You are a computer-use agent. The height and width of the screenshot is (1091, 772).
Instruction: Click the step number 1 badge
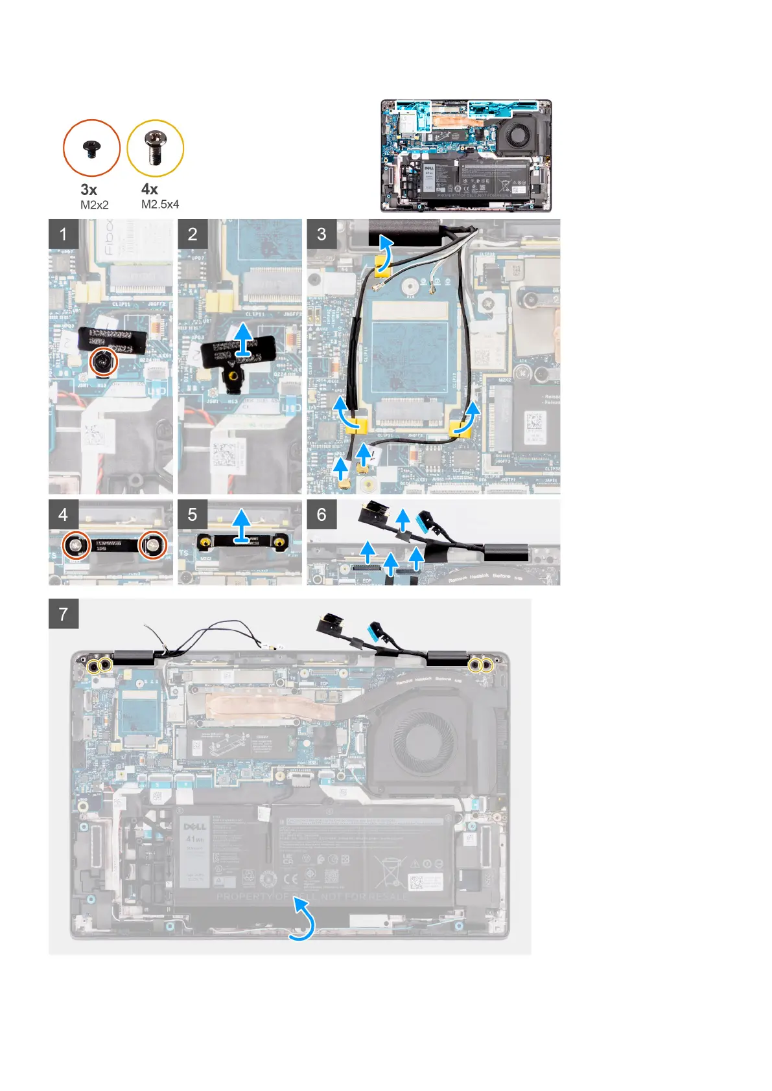pos(63,234)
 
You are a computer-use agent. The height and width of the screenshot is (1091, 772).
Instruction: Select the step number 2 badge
pos(193,234)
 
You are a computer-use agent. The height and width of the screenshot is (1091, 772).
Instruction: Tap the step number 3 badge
pos(322,234)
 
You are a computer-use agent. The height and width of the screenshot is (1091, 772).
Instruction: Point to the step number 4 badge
pos(63,514)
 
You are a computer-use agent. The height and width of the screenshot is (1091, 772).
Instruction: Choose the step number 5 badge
pos(193,514)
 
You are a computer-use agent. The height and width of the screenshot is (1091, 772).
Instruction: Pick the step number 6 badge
pos(322,514)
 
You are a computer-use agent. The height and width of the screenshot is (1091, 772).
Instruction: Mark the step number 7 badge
pos(63,614)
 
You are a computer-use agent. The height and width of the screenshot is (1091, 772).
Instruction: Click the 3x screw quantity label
pos(89,190)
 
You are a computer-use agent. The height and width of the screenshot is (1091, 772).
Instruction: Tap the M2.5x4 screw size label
pos(160,204)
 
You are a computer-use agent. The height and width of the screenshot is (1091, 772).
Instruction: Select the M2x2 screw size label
pos(95,205)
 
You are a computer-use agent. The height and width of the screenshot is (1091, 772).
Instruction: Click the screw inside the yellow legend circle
pos(155,147)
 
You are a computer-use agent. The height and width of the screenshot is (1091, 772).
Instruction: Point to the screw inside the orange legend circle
pos(91,148)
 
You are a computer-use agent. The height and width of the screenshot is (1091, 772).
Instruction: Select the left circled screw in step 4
pos(76,545)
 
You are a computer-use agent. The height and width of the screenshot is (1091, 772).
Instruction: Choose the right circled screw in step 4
pos(154,545)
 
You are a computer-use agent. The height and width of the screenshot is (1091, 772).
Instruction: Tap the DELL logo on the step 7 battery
pos(194,827)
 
